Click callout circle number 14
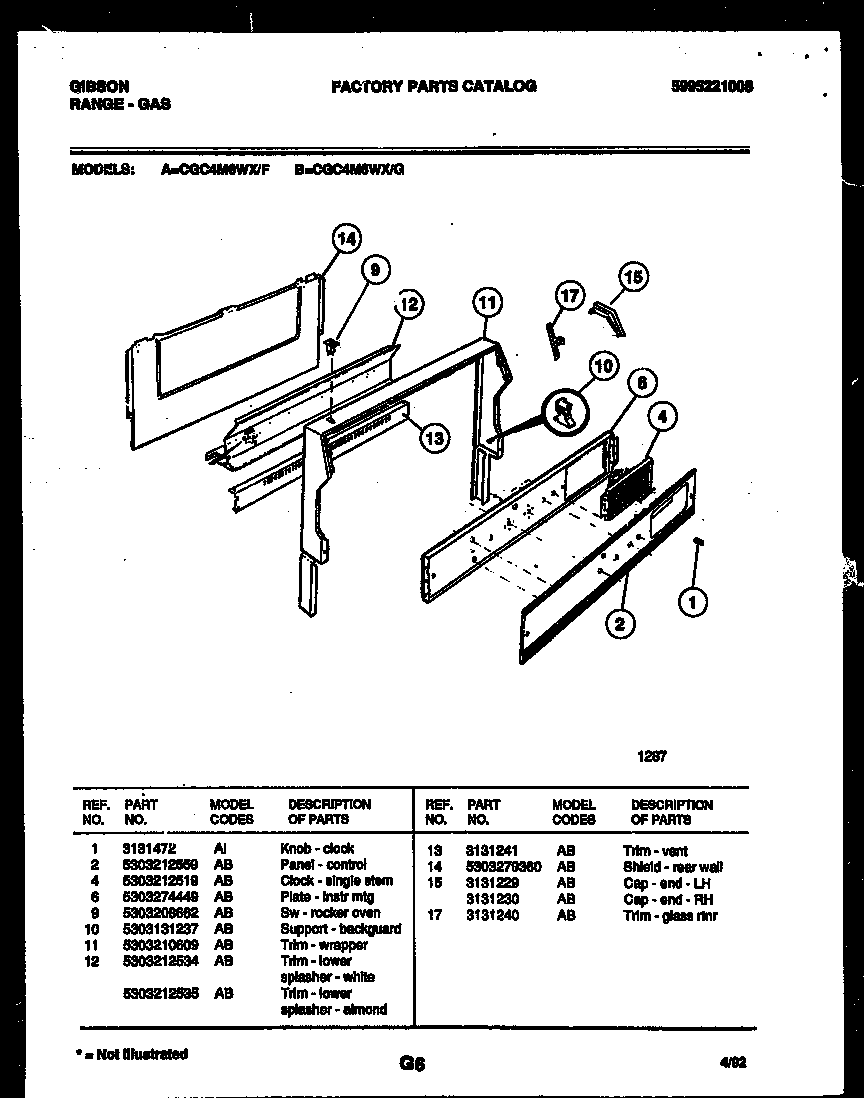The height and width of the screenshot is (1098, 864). pyautogui.click(x=345, y=239)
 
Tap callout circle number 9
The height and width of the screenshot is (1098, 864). pyautogui.click(x=374, y=270)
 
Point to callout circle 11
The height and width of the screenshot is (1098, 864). pyautogui.click(x=486, y=301)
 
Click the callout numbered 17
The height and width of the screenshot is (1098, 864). pyautogui.click(x=569, y=296)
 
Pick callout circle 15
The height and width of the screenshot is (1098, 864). pyautogui.click(x=633, y=276)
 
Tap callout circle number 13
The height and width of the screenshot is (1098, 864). pyautogui.click(x=434, y=437)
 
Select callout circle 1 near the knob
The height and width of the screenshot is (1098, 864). pyautogui.click(x=693, y=601)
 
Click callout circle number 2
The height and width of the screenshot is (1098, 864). pyautogui.click(x=620, y=625)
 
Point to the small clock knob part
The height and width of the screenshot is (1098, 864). pyautogui.click(x=698, y=541)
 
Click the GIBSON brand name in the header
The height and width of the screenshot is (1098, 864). pyautogui.click(x=99, y=86)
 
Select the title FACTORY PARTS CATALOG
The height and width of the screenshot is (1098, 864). pyautogui.click(x=433, y=86)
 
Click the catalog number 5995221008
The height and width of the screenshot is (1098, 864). pyautogui.click(x=712, y=86)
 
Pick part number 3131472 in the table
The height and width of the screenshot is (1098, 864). pyautogui.click(x=148, y=848)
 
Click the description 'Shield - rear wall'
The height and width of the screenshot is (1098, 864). pyautogui.click(x=672, y=867)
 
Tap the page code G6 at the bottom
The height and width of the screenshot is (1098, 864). pyautogui.click(x=412, y=1064)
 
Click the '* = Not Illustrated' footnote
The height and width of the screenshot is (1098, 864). pyautogui.click(x=131, y=1053)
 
